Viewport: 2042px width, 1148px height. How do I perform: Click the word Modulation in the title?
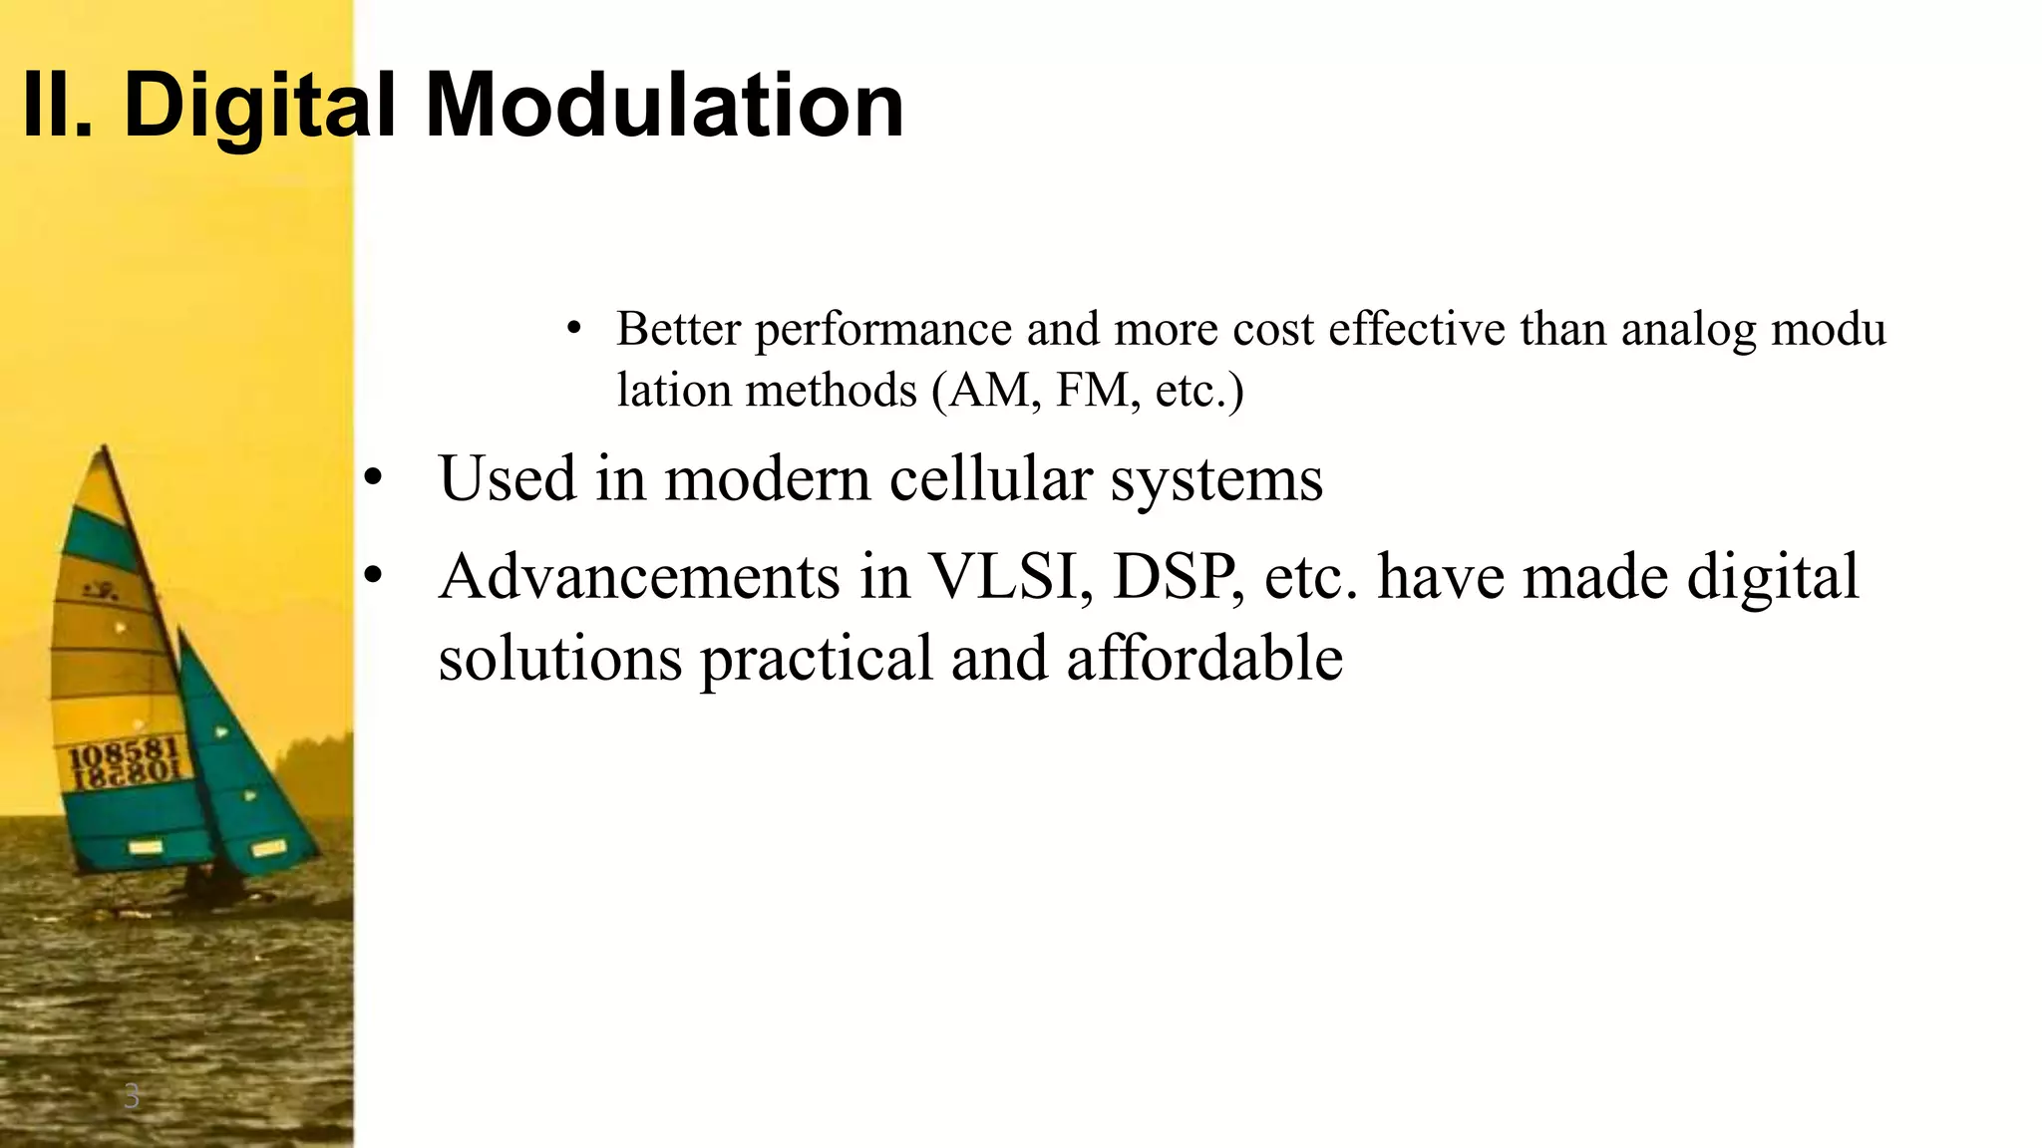(x=665, y=105)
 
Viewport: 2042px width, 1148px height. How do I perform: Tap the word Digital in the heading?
(x=259, y=105)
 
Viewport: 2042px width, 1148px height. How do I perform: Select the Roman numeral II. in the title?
(x=58, y=105)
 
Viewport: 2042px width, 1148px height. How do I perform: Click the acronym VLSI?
(x=1010, y=577)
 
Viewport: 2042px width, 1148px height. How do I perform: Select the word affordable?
(x=1204, y=658)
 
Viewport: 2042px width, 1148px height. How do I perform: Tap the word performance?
(x=883, y=330)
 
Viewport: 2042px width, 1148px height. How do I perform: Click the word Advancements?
(x=639, y=577)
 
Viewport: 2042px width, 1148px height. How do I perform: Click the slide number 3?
(x=131, y=1097)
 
